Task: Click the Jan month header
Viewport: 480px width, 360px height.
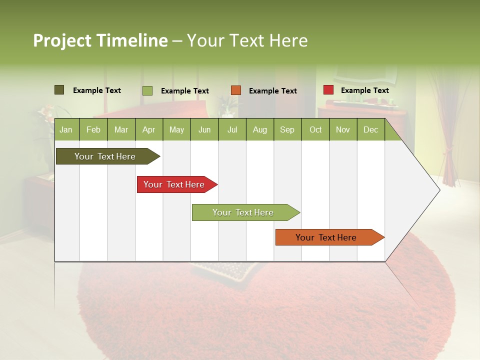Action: pos(66,129)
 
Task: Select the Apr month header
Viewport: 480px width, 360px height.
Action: pos(149,129)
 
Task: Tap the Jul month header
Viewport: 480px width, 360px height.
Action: pos(232,129)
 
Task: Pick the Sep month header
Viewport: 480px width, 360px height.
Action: pos(287,129)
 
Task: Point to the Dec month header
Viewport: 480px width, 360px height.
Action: pos(371,129)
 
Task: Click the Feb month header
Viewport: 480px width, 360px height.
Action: pos(93,129)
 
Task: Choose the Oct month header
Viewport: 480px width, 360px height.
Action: pos(315,129)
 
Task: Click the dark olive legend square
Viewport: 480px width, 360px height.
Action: pos(59,90)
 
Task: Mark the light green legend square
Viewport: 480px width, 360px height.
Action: pos(147,90)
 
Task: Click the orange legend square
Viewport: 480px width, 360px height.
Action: pos(236,90)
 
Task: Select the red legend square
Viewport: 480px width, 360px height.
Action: pos(328,90)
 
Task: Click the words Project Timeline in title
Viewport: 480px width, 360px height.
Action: pos(100,40)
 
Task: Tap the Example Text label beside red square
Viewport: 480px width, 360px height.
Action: pos(364,90)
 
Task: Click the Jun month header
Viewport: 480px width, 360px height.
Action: pos(204,129)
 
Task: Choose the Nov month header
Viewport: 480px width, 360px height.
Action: pos(343,129)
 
